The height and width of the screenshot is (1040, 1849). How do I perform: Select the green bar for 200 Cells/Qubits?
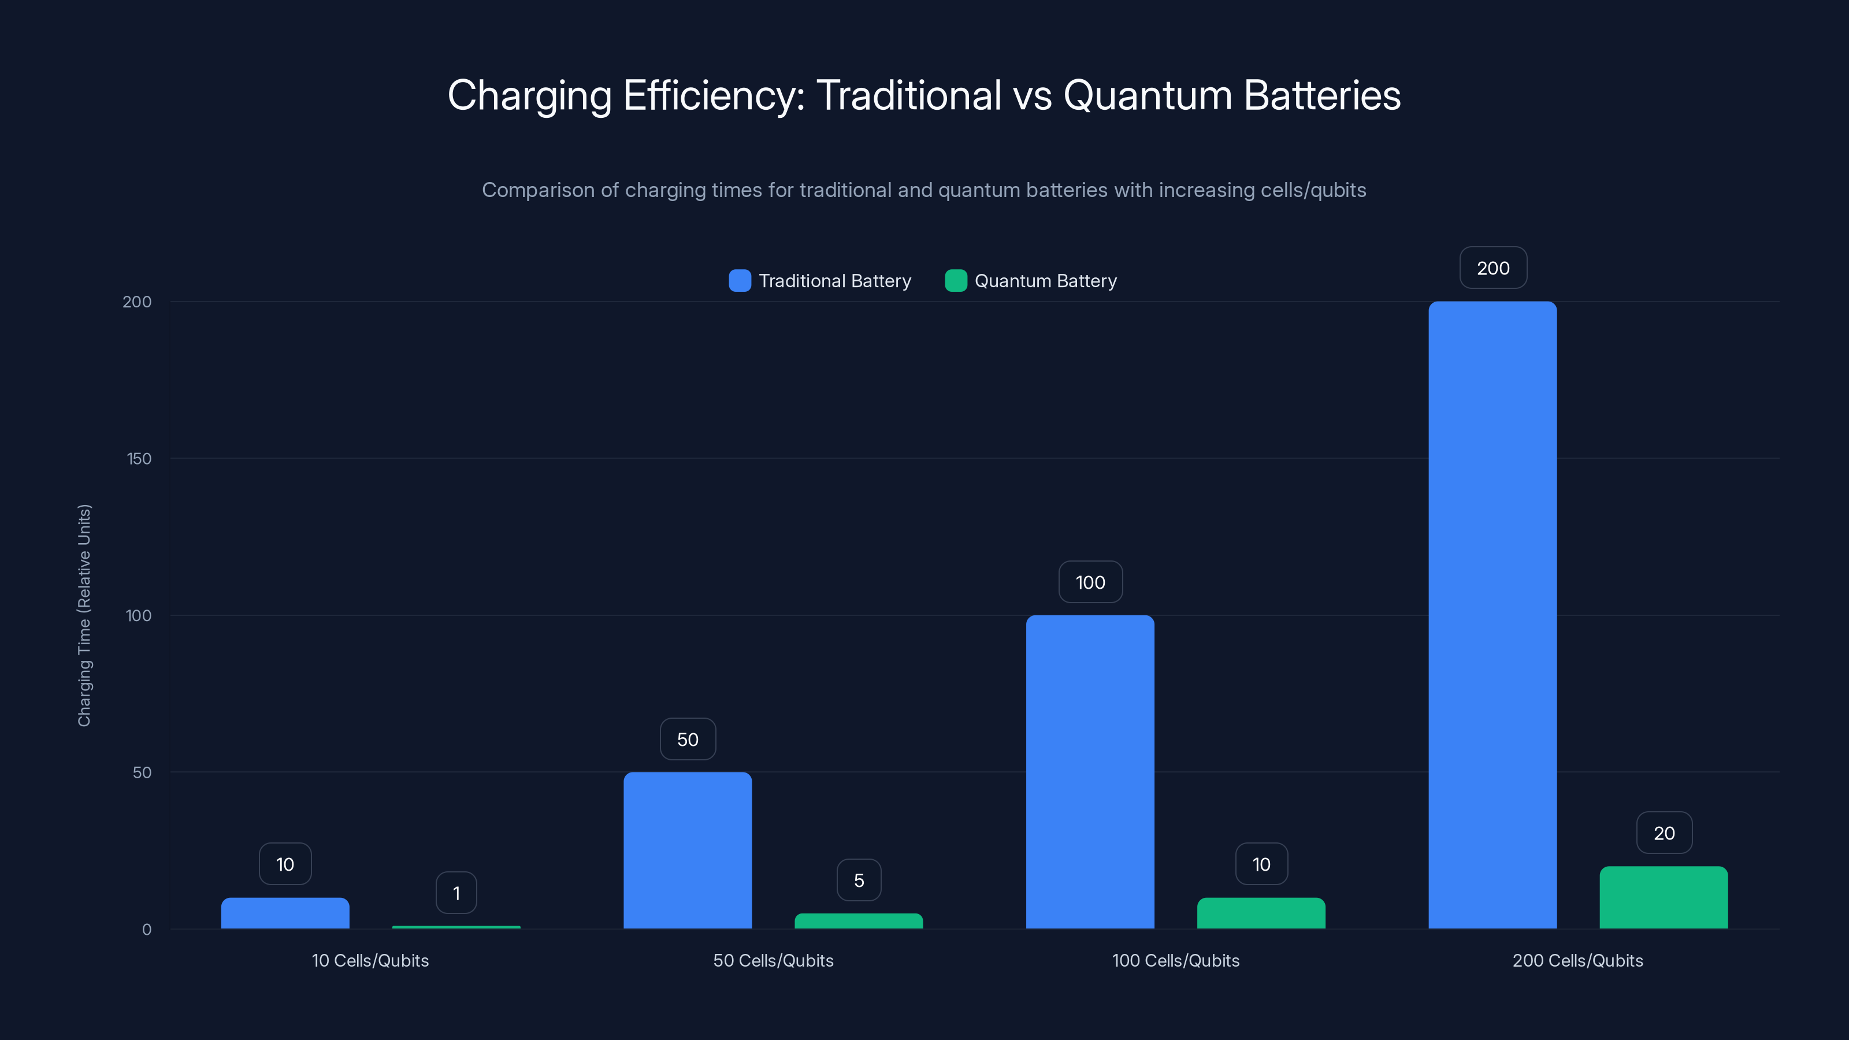tap(1663, 897)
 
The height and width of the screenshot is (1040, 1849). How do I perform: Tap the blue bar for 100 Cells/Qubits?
tap(1090, 771)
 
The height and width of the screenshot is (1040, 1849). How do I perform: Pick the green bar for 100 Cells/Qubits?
tap(1260, 913)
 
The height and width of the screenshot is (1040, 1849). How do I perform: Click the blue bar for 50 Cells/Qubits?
tap(687, 850)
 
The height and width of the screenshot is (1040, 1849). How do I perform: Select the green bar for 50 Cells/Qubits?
tap(859, 921)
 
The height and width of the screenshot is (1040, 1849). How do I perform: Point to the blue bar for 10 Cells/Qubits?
tap(285, 913)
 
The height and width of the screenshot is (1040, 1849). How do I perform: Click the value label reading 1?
tap(456, 893)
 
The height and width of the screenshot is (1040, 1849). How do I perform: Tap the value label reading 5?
tap(859, 880)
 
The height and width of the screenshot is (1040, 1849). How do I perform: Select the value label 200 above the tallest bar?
tap(1493, 268)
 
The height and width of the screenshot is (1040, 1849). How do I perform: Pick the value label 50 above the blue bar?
tap(688, 740)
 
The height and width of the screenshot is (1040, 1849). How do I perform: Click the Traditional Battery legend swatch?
tap(740, 281)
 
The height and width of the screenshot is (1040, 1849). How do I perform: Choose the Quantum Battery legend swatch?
tap(955, 281)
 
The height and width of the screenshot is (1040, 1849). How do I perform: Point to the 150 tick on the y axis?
tap(139, 459)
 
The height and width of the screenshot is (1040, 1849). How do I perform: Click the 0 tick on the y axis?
tap(146, 930)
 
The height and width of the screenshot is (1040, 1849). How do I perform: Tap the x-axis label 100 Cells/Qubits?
tap(1175, 960)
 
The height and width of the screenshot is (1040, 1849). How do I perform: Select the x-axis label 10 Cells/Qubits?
tap(370, 960)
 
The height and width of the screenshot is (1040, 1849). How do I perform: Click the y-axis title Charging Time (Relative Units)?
tap(84, 615)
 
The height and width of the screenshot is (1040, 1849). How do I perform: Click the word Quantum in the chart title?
tap(1147, 95)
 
